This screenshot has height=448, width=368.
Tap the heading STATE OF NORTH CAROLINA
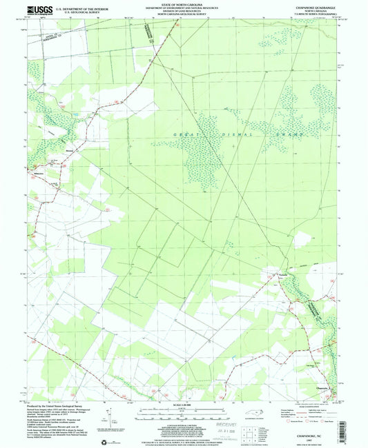(x=183, y=5)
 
